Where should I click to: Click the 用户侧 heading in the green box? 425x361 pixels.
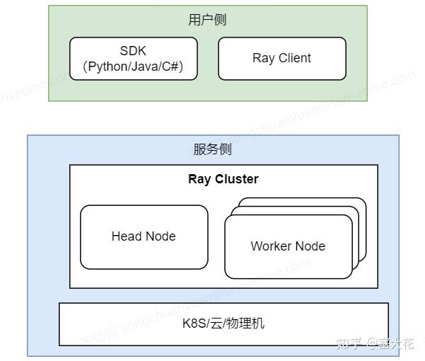207,20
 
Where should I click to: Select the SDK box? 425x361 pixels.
133,59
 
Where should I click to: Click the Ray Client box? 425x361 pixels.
281,59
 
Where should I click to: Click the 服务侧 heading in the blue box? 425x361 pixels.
212,149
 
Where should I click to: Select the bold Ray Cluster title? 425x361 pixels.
223,179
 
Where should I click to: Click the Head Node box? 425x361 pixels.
144,236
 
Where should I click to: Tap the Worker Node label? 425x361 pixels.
288,246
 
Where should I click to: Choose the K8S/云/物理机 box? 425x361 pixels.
223,324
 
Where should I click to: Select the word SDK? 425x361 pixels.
133,51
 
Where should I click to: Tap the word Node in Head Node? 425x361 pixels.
161,236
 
